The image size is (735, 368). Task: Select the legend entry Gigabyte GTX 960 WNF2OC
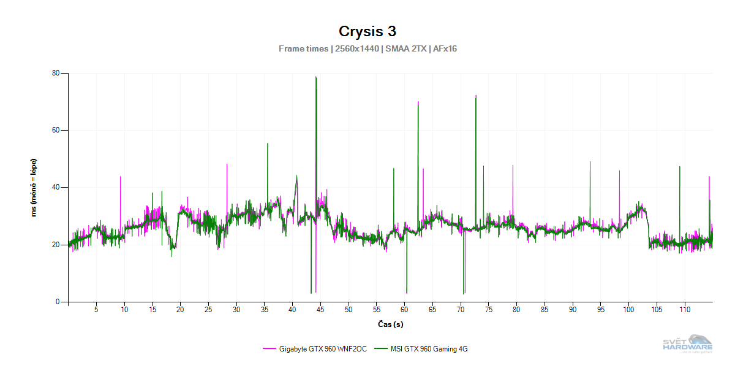point(319,349)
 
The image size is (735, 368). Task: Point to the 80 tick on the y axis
point(56,73)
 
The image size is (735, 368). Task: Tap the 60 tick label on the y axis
point(56,130)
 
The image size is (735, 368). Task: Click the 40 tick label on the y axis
point(56,187)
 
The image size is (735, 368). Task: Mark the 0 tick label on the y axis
point(58,302)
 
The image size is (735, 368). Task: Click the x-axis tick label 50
point(349,310)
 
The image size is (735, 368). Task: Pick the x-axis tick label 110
point(685,310)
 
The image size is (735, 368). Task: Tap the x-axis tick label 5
point(96,310)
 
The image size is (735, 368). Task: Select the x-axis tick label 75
point(489,310)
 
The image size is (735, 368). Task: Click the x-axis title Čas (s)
point(390,324)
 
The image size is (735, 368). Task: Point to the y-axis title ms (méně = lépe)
point(35,188)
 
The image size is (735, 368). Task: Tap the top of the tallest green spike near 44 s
point(316,77)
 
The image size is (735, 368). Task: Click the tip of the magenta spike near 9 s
point(120,177)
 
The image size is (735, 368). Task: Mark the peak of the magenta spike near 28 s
point(227,164)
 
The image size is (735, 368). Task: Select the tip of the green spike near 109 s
point(679,166)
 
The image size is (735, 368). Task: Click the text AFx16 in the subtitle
point(445,48)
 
